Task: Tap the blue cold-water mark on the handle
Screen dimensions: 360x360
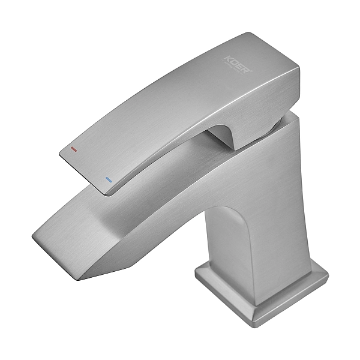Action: (x=109, y=179)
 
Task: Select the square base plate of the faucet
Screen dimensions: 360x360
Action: (x=264, y=294)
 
